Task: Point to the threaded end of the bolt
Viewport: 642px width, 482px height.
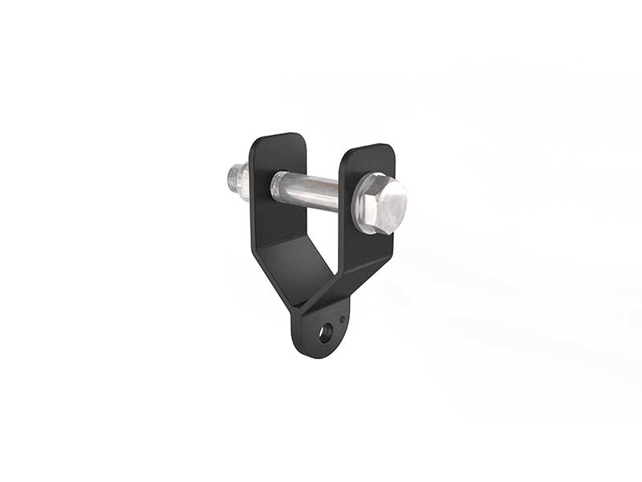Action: pyautogui.click(x=238, y=180)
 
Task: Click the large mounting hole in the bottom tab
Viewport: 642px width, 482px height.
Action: pyautogui.click(x=325, y=332)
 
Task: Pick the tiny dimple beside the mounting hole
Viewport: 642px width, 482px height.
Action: pyautogui.click(x=343, y=320)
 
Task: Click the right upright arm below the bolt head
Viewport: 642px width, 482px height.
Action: pyautogui.click(x=365, y=249)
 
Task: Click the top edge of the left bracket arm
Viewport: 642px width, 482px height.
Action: pyautogui.click(x=277, y=136)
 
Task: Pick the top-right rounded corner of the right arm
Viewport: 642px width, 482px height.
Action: pyautogui.click(x=392, y=149)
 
